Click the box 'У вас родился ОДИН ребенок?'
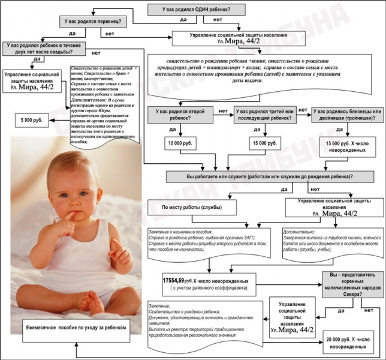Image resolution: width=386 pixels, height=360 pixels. (x=195, y=9)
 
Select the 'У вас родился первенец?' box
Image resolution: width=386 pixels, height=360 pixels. (x=92, y=22)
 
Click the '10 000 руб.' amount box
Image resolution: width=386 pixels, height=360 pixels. (x=178, y=144)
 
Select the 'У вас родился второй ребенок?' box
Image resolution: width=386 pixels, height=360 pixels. (x=180, y=115)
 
